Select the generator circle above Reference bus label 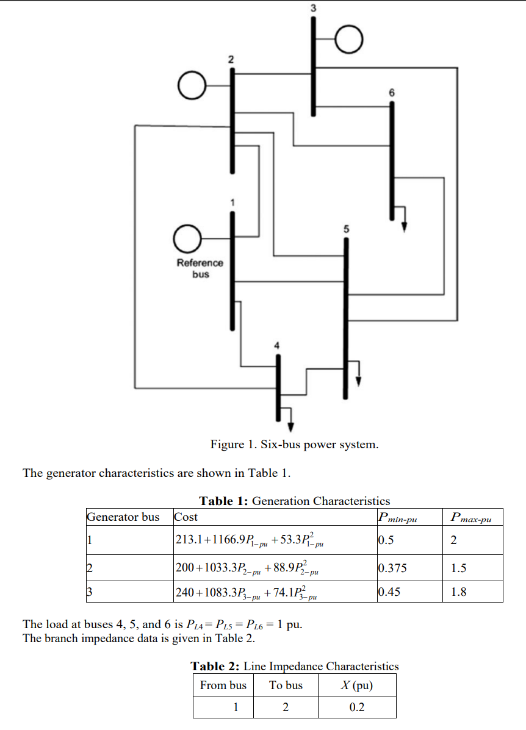point(187,238)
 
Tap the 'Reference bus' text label point(200,268)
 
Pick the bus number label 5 point(346,230)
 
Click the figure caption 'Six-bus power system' point(294,444)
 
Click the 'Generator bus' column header point(123,517)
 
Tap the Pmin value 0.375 point(392,568)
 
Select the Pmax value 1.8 point(458,592)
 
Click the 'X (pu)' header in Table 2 point(356,685)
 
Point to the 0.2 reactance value point(356,707)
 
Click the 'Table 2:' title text point(216,666)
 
